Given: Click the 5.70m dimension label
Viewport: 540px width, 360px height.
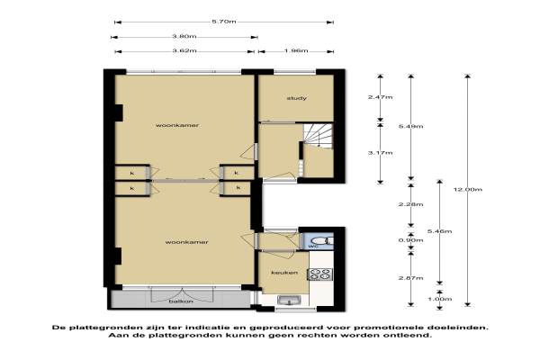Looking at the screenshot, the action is pyautogui.click(x=224, y=22).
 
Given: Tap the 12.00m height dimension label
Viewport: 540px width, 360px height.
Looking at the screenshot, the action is pyautogui.click(x=468, y=190).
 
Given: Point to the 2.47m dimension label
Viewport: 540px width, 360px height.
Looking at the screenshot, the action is pyautogui.click(x=380, y=97).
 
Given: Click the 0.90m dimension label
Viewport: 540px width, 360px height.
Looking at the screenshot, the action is pyautogui.click(x=411, y=240).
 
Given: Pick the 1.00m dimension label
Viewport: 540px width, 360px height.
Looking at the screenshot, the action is pyautogui.click(x=440, y=299).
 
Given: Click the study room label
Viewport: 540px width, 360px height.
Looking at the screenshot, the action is pyautogui.click(x=297, y=98).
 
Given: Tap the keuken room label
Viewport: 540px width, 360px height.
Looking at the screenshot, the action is pyautogui.click(x=284, y=273).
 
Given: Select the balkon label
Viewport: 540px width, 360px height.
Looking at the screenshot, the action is pyautogui.click(x=181, y=301).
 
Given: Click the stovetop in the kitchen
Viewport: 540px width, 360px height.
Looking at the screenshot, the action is pyautogui.click(x=320, y=274).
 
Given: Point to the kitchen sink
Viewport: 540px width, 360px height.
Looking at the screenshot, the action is pyautogui.click(x=289, y=300).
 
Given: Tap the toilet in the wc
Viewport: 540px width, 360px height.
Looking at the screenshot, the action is pyautogui.click(x=319, y=240).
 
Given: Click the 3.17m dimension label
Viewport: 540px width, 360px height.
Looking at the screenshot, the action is pyautogui.click(x=380, y=153).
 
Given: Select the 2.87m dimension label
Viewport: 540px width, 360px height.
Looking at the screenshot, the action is pyautogui.click(x=411, y=278).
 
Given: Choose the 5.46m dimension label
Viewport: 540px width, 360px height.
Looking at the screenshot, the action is pyautogui.click(x=440, y=231).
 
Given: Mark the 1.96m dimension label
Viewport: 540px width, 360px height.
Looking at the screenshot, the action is pyautogui.click(x=296, y=51).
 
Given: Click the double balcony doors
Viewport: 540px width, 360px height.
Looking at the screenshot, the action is pyautogui.click(x=183, y=294).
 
